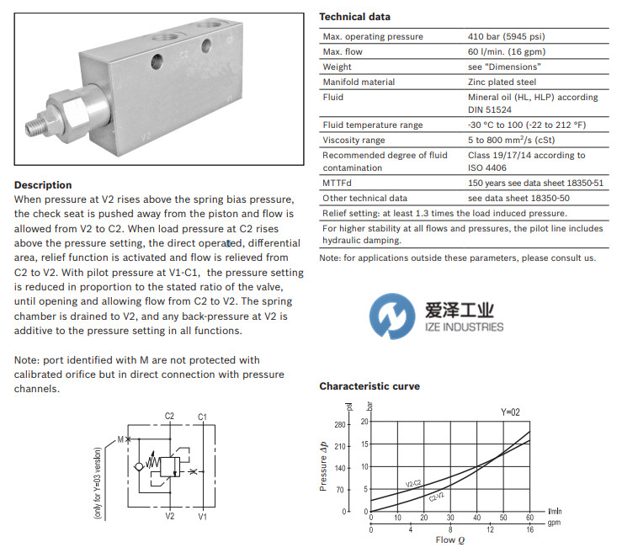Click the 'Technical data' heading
(354, 17)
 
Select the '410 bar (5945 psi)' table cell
(508, 37)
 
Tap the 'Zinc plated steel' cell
(502, 82)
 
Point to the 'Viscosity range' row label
(354, 141)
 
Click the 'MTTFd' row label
(338, 183)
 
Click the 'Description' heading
(43, 185)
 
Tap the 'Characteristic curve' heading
(369, 386)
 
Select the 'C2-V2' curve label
(437, 497)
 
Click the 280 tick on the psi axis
(340, 423)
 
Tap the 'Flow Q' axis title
(444, 540)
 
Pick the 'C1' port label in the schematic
(202, 417)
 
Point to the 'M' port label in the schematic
(120, 438)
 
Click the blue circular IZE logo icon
(391, 316)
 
